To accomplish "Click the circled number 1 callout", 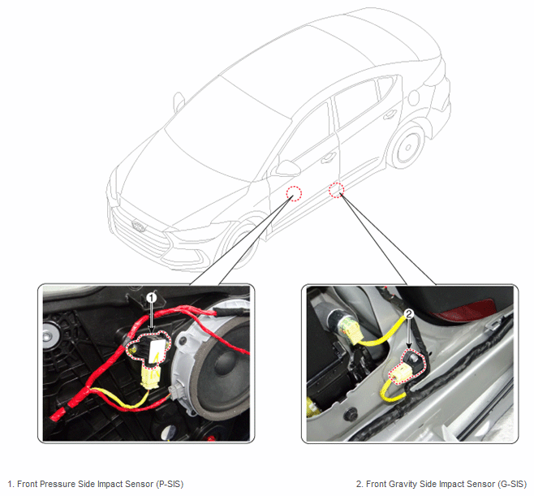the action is tap(152, 298).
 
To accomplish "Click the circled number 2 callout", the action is tap(409, 313).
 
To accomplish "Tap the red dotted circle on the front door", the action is tap(294, 193).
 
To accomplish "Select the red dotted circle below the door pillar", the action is tap(336, 190).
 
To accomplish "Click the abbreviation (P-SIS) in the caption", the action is tap(170, 484).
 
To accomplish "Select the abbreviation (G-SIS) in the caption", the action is tap(513, 484).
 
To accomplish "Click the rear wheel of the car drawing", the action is tap(407, 146).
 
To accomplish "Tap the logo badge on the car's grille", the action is tap(139, 226).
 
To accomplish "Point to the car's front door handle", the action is tap(329, 157).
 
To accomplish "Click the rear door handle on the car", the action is tap(389, 115).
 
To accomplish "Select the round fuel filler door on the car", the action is tap(413, 97).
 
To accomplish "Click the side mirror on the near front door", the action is tap(288, 168).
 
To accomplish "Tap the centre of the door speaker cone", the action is tap(227, 364).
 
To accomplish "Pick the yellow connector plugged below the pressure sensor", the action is tap(149, 376).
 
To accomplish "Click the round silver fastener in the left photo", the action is tap(50, 334).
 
